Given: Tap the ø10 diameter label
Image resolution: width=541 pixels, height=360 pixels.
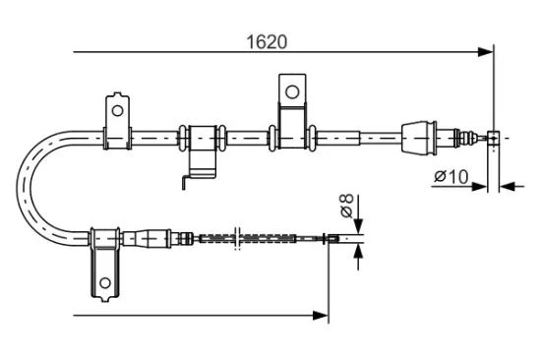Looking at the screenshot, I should coord(450,176).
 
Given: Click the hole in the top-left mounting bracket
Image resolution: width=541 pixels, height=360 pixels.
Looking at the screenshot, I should coord(116,107).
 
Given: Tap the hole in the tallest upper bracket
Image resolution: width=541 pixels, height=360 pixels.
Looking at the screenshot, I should coord(291,90).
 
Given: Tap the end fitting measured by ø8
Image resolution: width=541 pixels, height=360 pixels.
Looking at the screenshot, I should coord(335,238).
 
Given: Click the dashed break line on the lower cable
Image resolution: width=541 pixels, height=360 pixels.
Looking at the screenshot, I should coord(236,238).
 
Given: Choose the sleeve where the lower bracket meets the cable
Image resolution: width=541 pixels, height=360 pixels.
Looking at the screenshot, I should coord(106,238).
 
